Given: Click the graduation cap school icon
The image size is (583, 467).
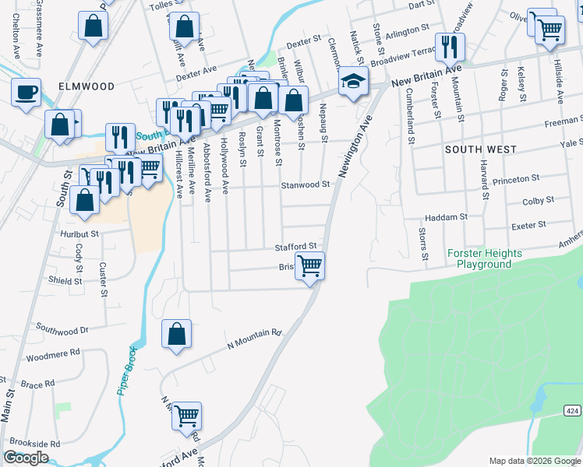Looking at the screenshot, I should (x=353, y=82).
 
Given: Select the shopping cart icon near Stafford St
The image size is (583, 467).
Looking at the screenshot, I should (x=310, y=266).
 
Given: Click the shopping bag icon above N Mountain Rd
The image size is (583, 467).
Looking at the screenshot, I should (x=177, y=334).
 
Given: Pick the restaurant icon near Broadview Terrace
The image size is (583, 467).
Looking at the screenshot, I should (x=448, y=47).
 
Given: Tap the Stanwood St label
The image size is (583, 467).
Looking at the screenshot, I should (x=306, y=185).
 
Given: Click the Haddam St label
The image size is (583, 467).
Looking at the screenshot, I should (x=445, y=218).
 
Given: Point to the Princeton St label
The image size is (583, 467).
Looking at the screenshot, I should (x=516, y=178).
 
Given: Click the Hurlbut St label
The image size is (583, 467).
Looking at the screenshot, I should (x=79, y=233).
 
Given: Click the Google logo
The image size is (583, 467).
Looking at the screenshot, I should (x=26, y=458).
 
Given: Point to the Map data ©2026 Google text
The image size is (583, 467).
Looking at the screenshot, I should (x=535, y=461).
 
